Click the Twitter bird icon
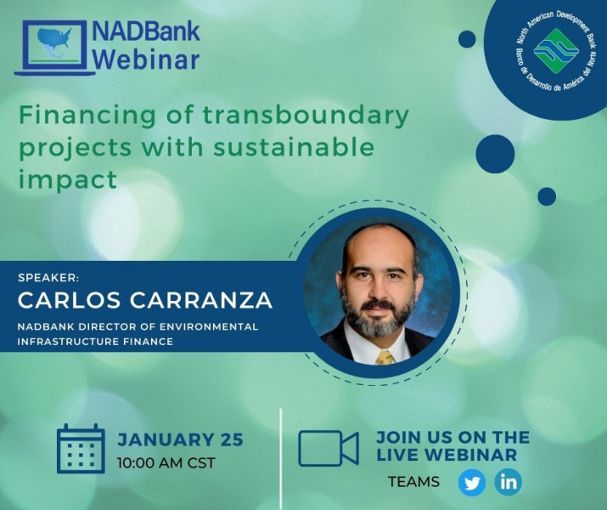pos(471,483)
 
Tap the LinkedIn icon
pos(508,482)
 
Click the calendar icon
pos(81,449)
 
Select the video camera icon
pos(329,448)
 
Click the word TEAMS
pos(413,482)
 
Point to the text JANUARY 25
pos(180,439)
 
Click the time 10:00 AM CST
pos(166,462)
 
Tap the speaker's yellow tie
pos(385,358)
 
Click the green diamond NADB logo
pos(556,51)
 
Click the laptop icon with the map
pos(54,48)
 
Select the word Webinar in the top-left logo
pos(146,59)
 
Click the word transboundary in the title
pos(306,115)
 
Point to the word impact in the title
pos(68,180)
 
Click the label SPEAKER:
pos(48,277)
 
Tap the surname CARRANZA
pos(201,300)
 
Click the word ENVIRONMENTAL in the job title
pos(209,326)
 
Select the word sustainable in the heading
pos(294,147)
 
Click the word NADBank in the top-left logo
pos(146,31)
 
